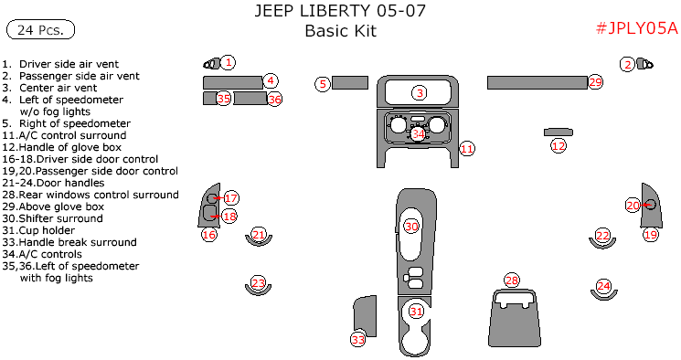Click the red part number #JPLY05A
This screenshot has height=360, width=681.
[x=637, y=28]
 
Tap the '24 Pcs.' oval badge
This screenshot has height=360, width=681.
[x=41, y=29]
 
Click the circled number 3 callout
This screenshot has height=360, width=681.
[x=420, y=92]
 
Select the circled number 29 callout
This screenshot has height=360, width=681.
[x=596, y=82]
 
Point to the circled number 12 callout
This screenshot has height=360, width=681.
[x=559, y=146]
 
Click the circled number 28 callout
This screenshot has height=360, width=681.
[x=512, y=281]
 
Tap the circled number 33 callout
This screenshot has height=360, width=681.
[x=358, y=340]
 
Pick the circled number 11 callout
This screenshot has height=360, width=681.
[x=467, y=149]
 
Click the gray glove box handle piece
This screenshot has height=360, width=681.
[x=559, y=132]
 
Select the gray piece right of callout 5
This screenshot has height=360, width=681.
[x=350, y=82]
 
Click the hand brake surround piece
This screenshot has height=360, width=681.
[x=365, y=316]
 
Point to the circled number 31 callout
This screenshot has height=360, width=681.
[x=416, y=312]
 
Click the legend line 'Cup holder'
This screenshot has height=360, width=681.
[x=38, y=230]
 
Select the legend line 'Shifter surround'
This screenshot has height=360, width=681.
[x=52, y=218]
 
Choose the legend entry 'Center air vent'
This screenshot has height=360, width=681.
[x=49, y=88]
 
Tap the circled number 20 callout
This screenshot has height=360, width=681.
[x=633, y=205]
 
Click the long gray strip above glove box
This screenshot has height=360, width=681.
[x=537, y=82]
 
